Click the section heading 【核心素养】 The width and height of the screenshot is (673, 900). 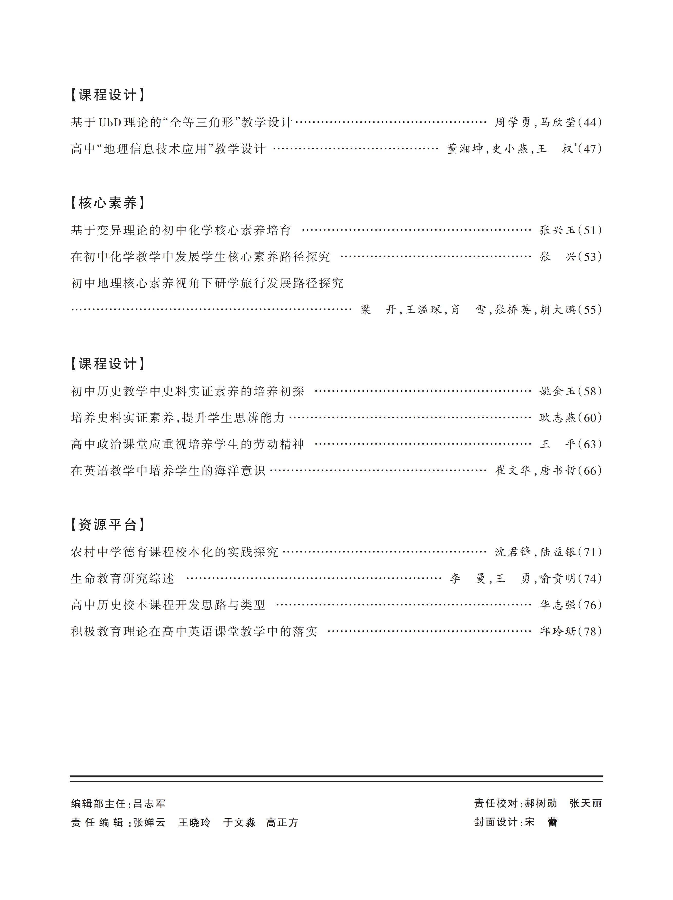(107, 203)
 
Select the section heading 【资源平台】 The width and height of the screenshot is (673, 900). (107, 524)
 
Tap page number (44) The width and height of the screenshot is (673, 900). (590, 123)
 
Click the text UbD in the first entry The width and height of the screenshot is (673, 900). (110, 123)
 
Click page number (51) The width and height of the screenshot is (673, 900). (590, 230)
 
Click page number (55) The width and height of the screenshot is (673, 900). (590, 310)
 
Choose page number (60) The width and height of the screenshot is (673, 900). (590, 418)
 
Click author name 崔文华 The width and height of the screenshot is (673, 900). (513, 471)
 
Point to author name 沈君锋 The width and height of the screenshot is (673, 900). (513, 552)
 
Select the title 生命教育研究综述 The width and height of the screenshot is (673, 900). (123, 579)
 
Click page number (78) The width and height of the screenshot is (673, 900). (590, 632)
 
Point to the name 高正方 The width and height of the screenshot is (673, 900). (282, 823)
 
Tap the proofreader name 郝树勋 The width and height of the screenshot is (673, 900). (541, 803)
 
